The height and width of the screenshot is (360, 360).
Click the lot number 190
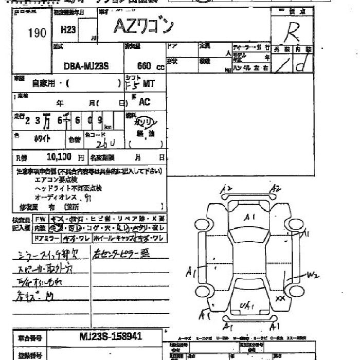click(x=37, y=33)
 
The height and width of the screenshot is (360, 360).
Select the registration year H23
click(x=68, y=30)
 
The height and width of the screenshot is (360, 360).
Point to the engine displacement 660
click(x=144, y=66)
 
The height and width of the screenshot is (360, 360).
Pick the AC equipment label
click(x=144, y=102)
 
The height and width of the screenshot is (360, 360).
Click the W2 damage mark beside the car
click(x=313, y=275)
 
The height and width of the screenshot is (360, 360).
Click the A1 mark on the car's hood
click(x=250, y=218)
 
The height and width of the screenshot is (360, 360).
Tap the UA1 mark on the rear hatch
click(x=247, y=307)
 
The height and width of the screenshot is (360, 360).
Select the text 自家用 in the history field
click(x=43, y=83)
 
